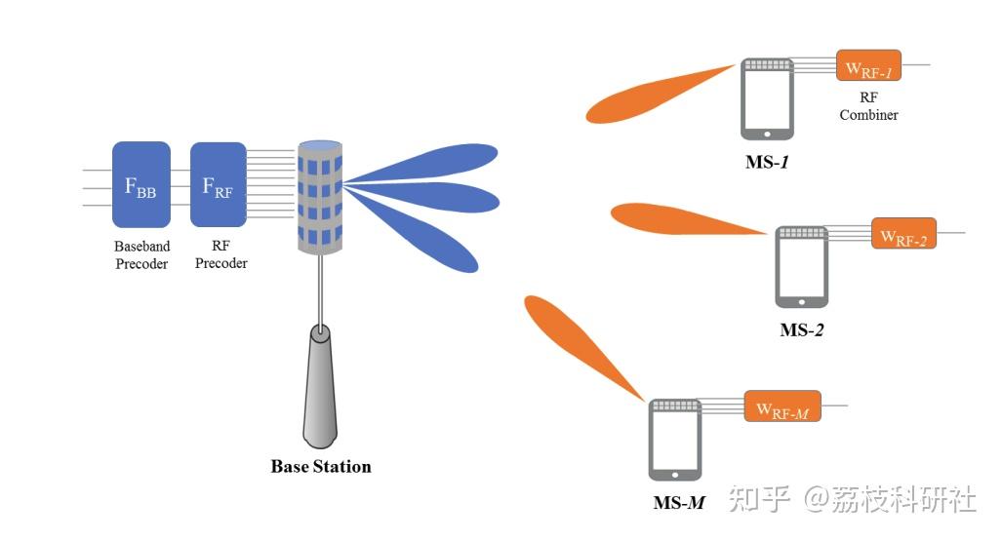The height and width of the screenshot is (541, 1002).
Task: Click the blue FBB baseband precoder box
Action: pos(141,184)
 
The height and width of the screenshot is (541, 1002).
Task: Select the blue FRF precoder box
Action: pos(218,184)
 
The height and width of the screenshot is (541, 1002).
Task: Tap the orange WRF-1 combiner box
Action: pos(868,65)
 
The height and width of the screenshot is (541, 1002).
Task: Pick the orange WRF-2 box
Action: pos(903,233)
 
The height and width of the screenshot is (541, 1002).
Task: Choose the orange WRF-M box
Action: pos(782,406)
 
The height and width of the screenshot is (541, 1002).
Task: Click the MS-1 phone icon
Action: pos(767,99)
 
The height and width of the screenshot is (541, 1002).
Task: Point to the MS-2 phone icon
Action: pos(801,267)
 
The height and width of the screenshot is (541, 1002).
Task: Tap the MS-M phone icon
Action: pos(675,440)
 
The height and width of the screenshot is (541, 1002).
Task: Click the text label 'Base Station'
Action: pos(321,466)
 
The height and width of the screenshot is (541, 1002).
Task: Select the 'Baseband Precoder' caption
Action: pos(141,254)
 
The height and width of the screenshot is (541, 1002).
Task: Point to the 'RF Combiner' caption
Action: pos(868,106)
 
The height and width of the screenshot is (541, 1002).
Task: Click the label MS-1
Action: pos(767,162)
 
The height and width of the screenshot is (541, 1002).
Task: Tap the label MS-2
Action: pos(801,330)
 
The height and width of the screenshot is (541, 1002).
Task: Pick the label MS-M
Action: pos(679,503)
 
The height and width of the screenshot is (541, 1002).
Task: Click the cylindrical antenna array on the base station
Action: pos(320,197)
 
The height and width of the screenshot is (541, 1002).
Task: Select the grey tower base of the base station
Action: pos(319,386)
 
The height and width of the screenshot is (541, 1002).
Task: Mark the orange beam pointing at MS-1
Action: pos(659,94)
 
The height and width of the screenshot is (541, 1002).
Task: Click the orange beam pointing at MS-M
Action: pos(582,347)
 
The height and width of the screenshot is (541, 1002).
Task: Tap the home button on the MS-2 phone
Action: pos(801,301)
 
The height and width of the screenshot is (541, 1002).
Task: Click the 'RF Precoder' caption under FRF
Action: pos(220,254)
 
